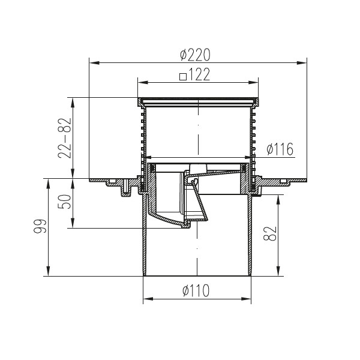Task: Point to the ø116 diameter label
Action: [279, 149]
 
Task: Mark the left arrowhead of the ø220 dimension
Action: [92, 61]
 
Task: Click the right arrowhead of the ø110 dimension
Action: [248, 299]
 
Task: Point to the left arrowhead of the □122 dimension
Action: [140, 82]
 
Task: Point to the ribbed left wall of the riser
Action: [143, 138]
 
